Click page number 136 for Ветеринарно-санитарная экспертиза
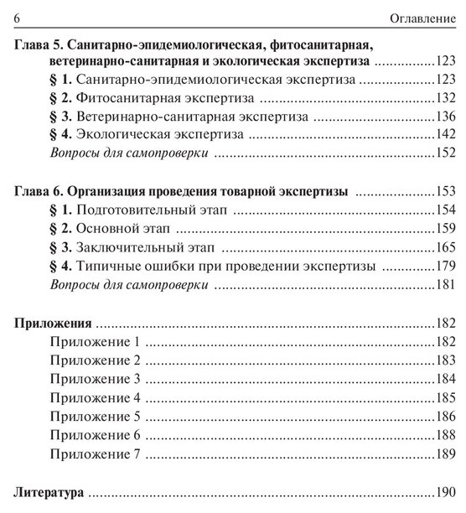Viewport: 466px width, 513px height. (445, 116)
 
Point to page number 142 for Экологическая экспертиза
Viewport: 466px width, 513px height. (445, 134)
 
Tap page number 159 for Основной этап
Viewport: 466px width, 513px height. (445, 229)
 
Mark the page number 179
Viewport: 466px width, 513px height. (445, 267)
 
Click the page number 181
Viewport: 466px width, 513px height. (445, 285)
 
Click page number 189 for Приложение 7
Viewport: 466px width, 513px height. (445, 453)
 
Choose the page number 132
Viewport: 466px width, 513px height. (445, 98)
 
